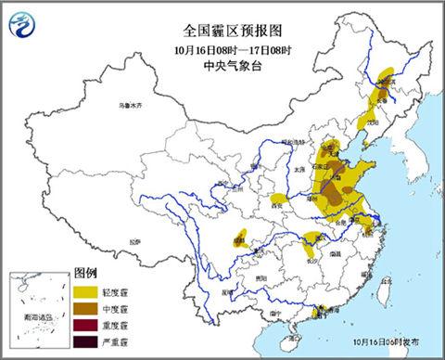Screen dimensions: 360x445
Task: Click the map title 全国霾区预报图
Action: [x=222, y=18]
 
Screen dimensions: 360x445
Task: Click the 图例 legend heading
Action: [x=85, y=274]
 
